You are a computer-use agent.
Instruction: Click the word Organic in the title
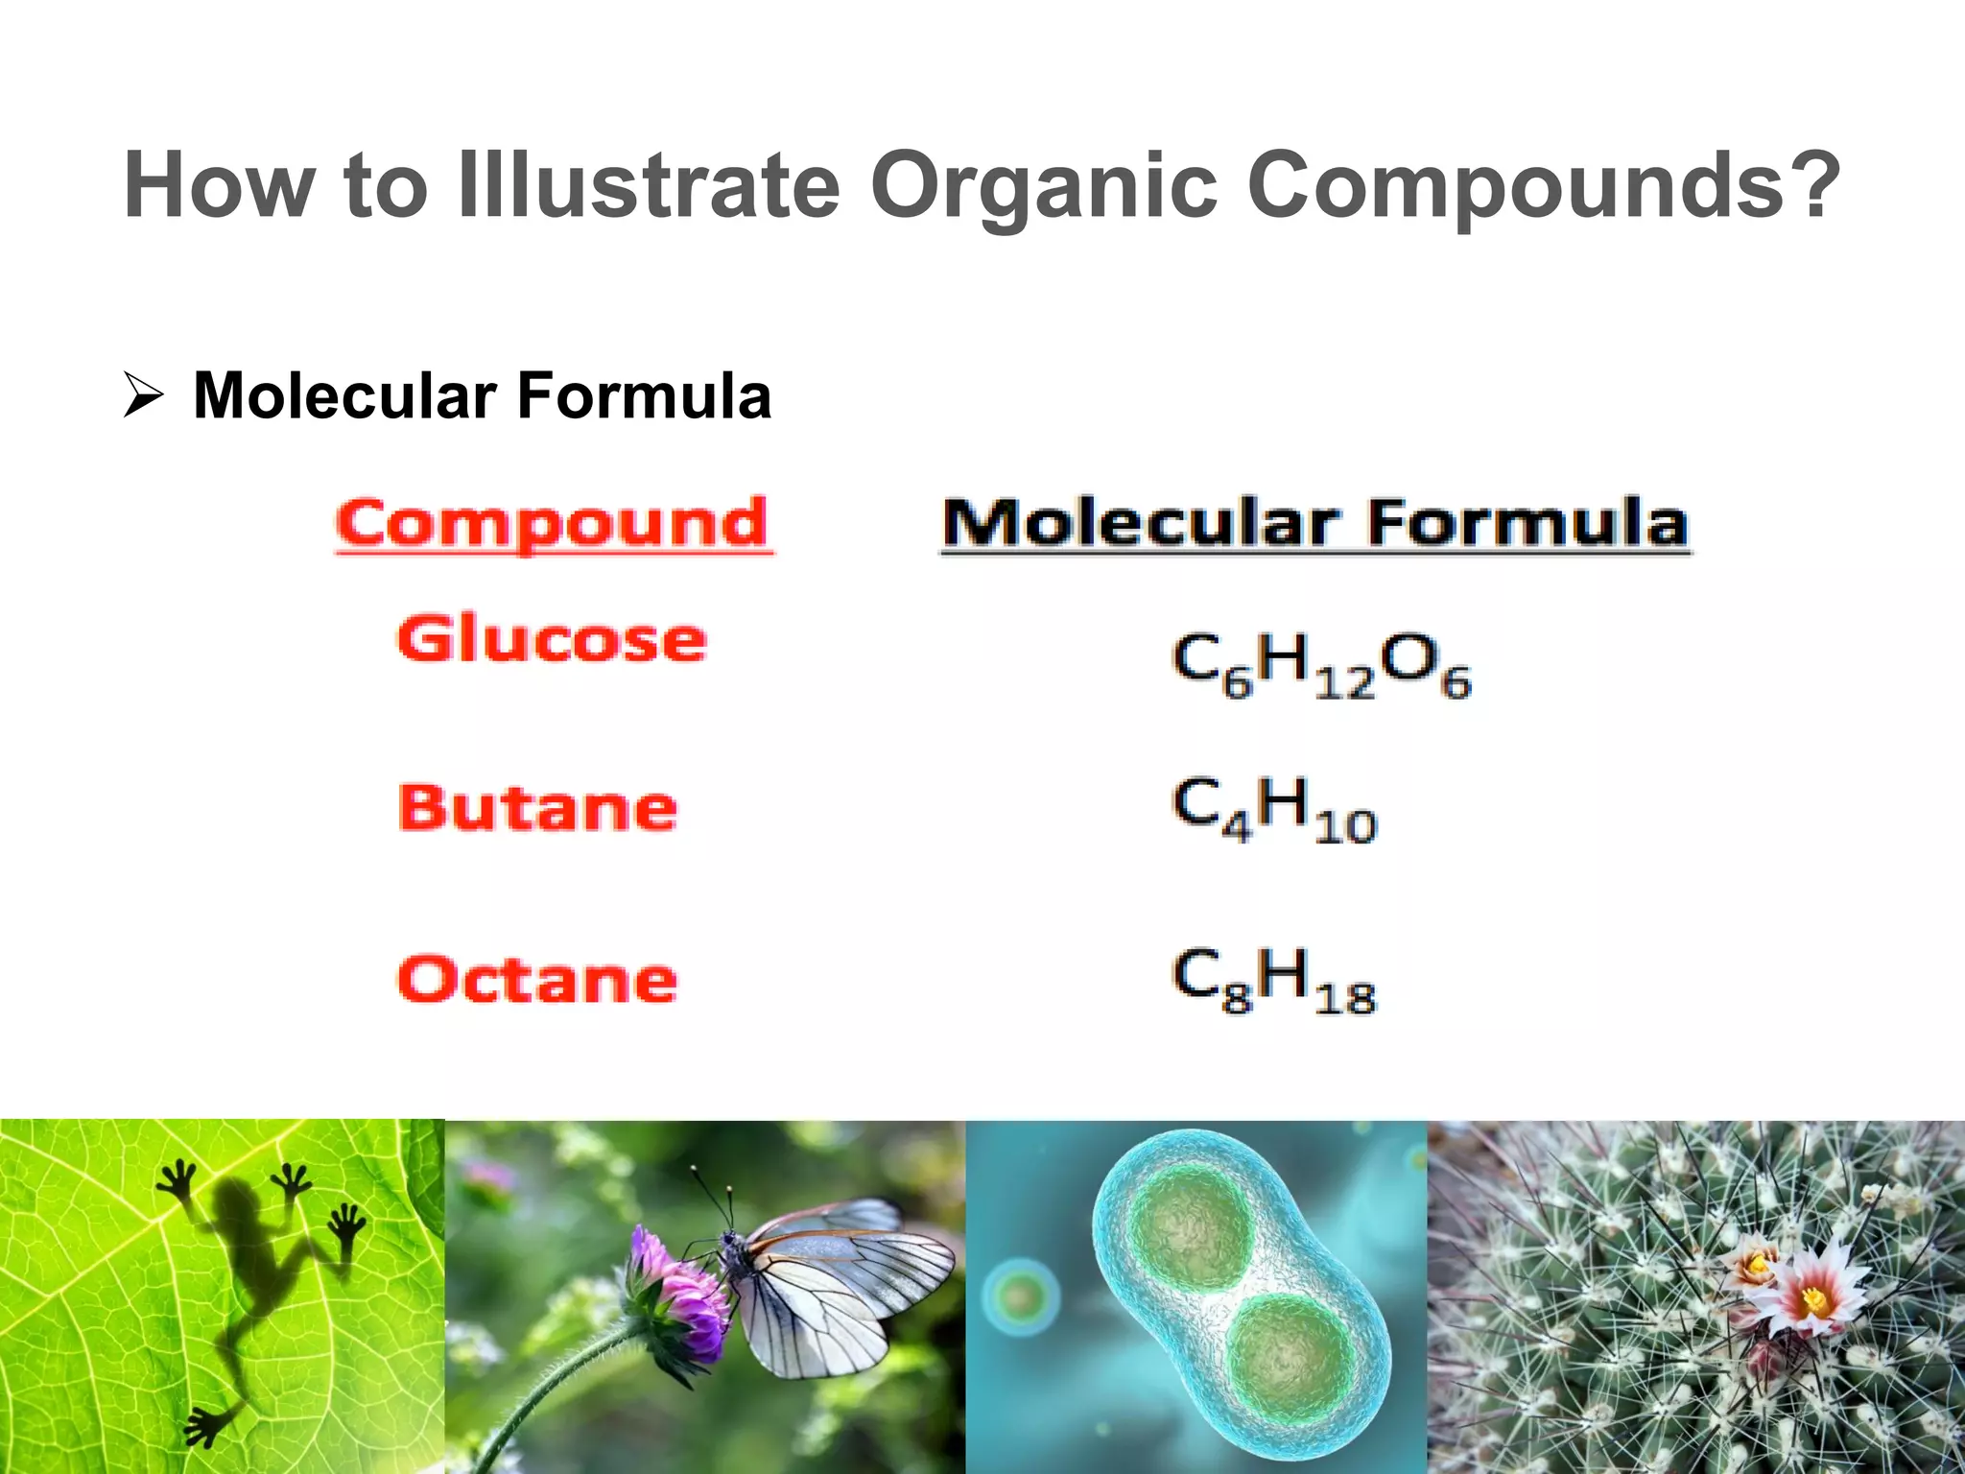pyautogui.click(x=1043, y=187)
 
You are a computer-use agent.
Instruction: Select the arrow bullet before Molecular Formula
pyautogui.click(x=144, y=396)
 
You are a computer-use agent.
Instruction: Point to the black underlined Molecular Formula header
pyautogui.click(x=1315, y=524)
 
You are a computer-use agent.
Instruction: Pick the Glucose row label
pyautogui.click(x=552, y=639)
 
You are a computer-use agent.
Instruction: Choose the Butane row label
pyautogui.click(x=537, y=808)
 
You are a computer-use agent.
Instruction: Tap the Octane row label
pyautogui.click(x=537, y=980)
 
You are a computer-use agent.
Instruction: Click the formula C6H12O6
pyautogui.click(x=1320, y=664)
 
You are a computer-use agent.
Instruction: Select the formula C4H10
pyautogui.click(x=1274, y=809)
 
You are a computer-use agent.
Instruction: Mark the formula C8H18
pyautogui.click(x=1274, y=980)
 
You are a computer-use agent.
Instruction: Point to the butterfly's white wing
pyautogui.click(x=835, y=1286)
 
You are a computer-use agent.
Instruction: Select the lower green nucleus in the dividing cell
pyautogui.click(x=1290, y=1358)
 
